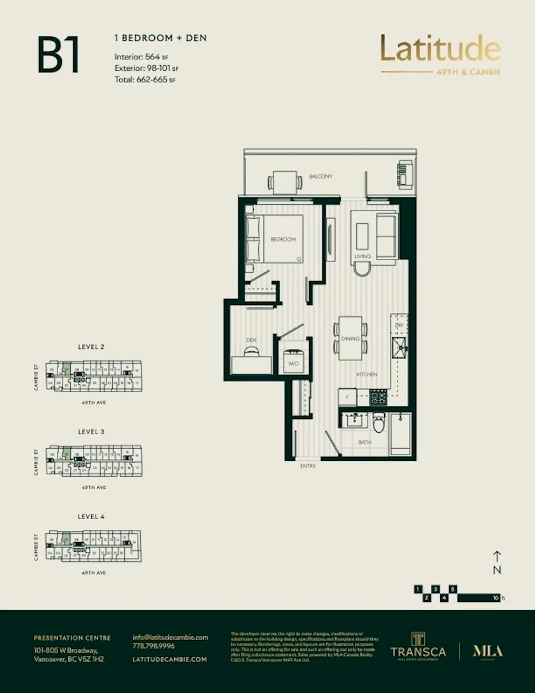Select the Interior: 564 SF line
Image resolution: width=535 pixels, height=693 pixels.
[141, 57]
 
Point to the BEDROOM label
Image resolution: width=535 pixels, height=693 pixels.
[283, 239]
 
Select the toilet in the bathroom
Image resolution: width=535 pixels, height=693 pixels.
[379, 423]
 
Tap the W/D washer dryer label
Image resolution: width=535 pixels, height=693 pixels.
[293, 363]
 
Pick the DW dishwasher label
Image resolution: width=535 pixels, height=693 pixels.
[399, 325]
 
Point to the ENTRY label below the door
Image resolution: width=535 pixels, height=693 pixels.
[308, 466]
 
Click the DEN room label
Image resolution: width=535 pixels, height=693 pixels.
[251, 340]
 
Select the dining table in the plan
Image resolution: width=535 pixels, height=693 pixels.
[350, 338]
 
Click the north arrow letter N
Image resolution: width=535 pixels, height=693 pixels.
[497, 570]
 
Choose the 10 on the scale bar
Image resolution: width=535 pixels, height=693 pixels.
[496, 598]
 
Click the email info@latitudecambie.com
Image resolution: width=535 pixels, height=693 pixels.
[170, 638]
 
